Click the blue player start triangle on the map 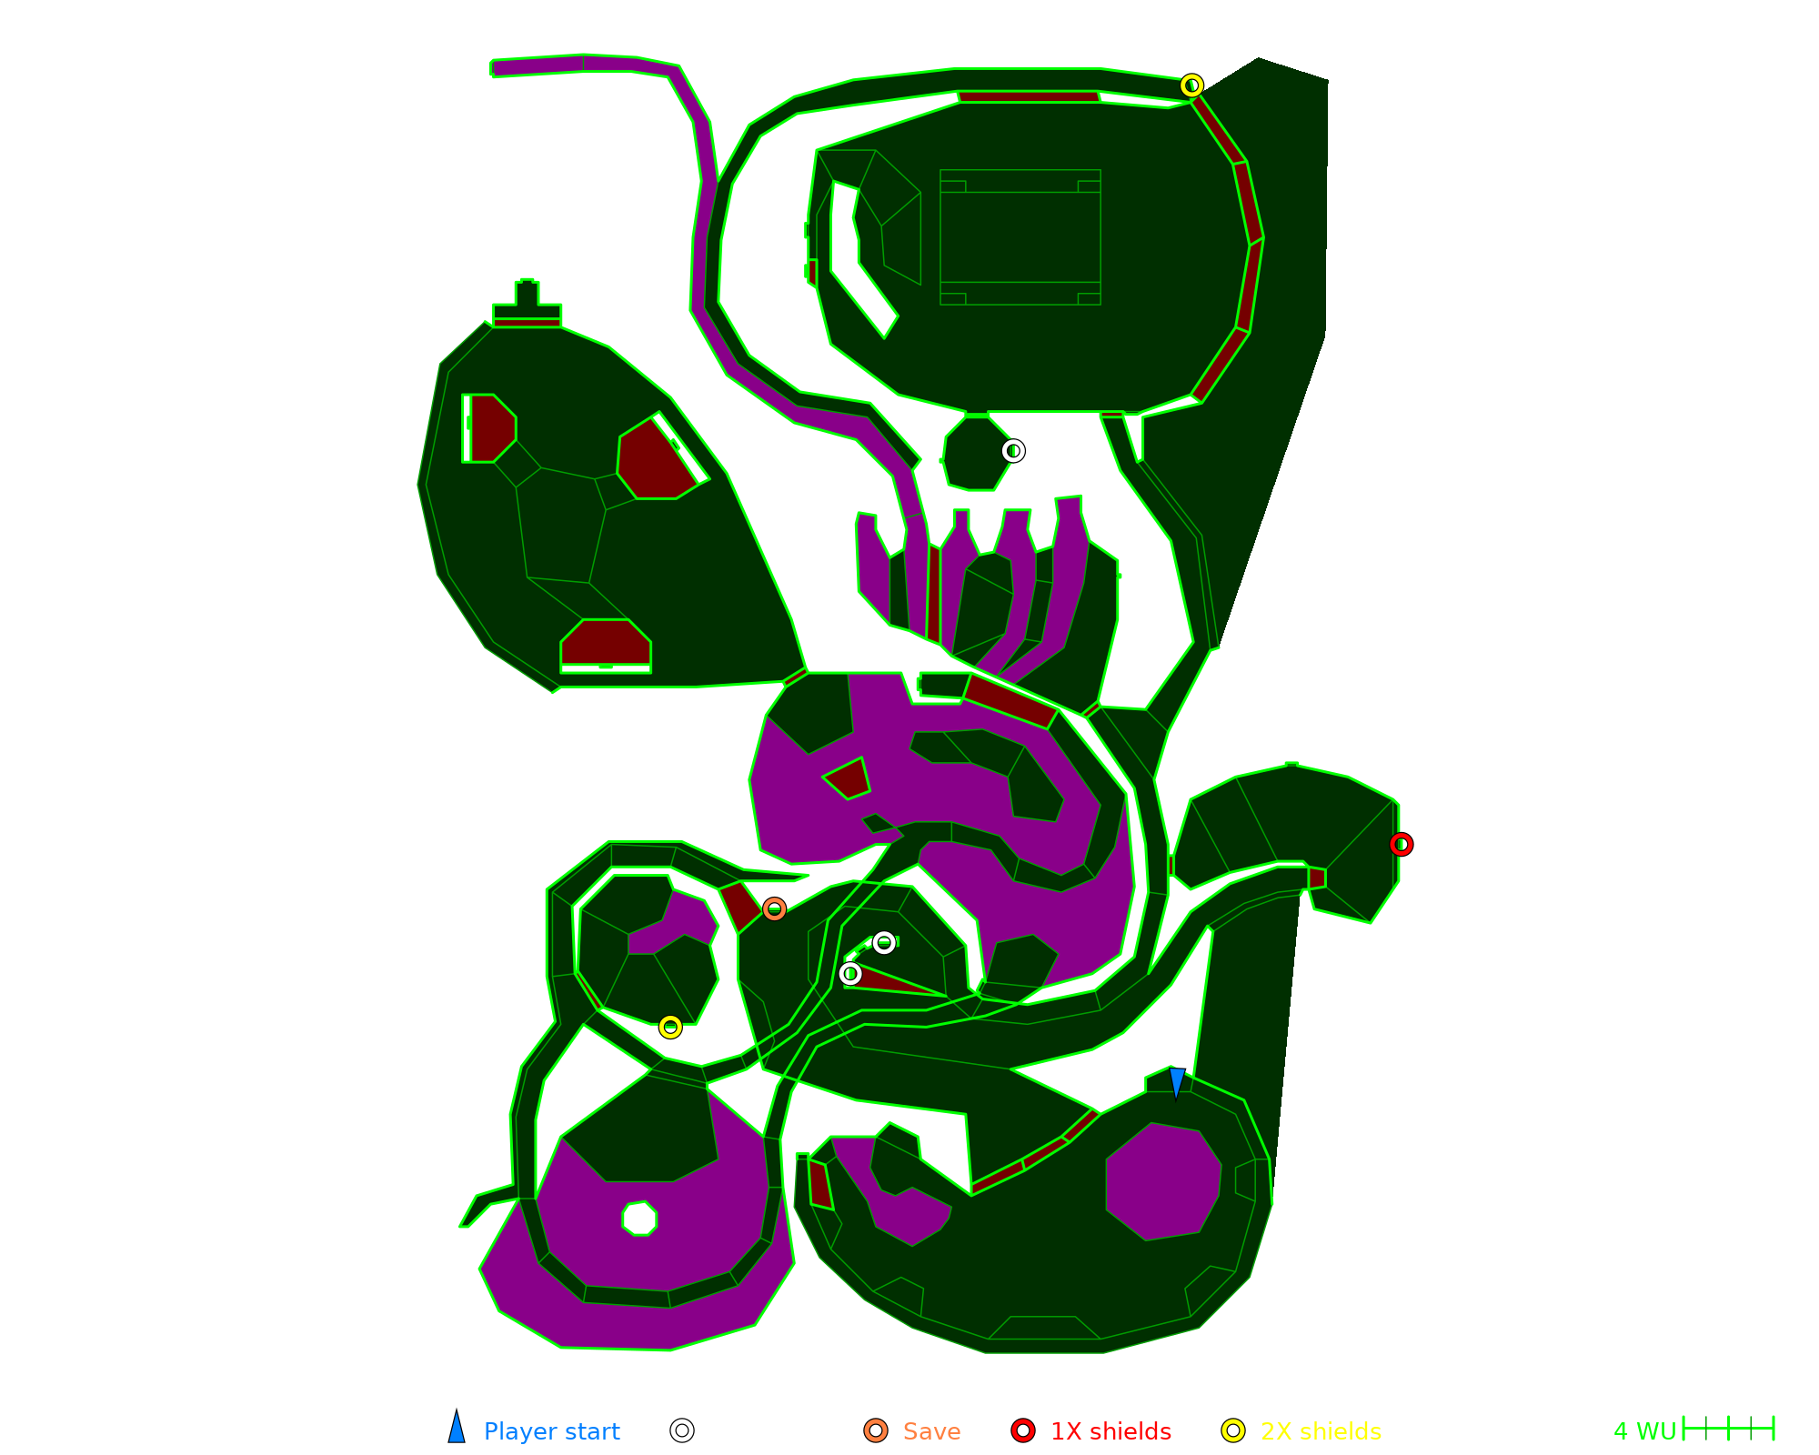point(1177,1082)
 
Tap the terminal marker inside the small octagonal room point(1013,451)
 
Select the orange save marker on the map point(774,909)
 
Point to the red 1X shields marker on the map point(1402,845)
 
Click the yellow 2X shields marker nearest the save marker point(670,1027)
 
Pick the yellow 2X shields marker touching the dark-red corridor point(1191,85)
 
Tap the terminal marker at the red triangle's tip point(850,974)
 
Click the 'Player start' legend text point(551,1431)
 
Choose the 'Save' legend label point(931,1431)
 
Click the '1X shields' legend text point(1110,1431)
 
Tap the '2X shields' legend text point(1321,1431)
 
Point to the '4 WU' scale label point(1644,1431)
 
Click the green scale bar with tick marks point(1728,1429)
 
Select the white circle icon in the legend point(682,1430)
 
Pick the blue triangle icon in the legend point(457,1429)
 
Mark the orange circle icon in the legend point(876,1430)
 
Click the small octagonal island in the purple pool point(640,1219)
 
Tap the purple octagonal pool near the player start point(1163,1181)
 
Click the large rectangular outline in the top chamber point(1020,237)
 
